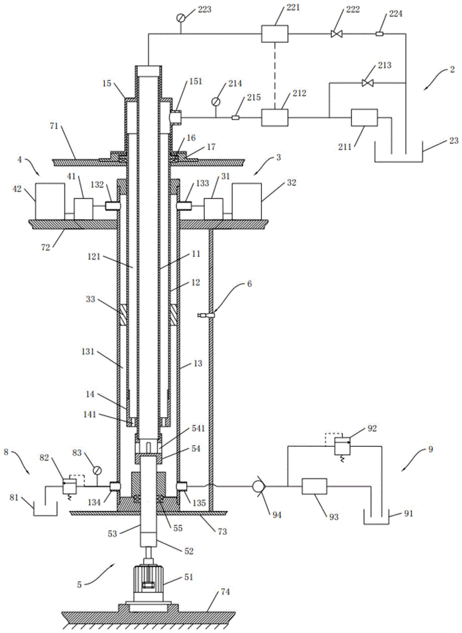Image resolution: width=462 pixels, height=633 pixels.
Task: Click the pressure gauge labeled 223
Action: (x=182, y=18)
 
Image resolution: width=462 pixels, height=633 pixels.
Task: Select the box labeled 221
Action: (x=275, y=33)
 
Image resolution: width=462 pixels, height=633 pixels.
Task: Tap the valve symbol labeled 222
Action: (x=336, y=34)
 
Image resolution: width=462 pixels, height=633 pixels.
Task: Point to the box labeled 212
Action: (x=275, y=117)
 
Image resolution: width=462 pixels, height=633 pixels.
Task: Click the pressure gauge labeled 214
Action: (x=217, y=101)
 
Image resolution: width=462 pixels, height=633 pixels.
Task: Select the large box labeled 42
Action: (x=49, y=201)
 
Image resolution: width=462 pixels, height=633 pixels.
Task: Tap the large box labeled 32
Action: (x=248, y=201)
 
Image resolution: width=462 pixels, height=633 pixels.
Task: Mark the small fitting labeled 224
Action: (x=379, y=34)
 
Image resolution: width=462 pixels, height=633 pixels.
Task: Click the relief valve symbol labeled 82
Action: (x=70, y=486)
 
